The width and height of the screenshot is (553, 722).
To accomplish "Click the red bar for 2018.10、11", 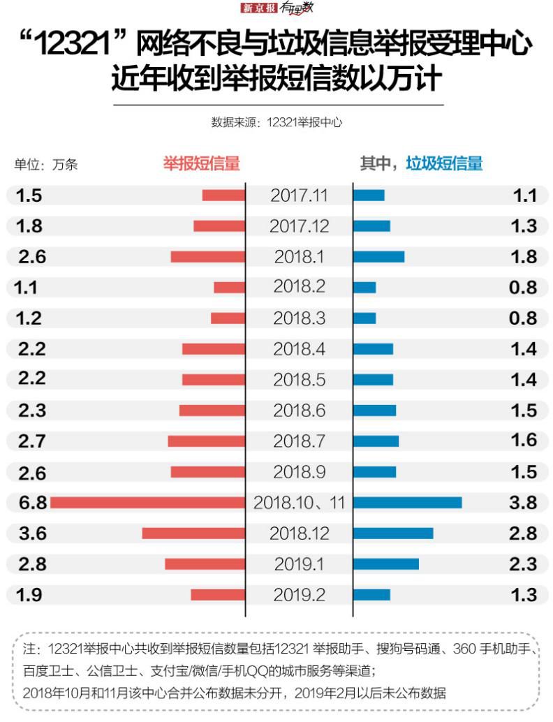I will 147,502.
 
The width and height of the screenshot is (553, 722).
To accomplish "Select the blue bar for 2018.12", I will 393,533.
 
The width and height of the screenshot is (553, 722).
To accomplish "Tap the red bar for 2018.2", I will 229,287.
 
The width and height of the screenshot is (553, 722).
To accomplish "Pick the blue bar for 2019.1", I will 386,563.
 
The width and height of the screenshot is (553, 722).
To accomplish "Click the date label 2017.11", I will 299,196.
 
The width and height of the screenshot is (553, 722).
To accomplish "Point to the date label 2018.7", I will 299,441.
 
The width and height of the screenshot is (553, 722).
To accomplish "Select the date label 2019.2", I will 299,595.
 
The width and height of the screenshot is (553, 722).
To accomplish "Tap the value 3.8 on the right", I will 523,503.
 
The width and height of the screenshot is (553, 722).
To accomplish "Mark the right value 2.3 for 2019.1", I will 523,564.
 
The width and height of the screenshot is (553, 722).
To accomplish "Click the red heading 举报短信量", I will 201,163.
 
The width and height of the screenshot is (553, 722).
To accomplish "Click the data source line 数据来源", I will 276,121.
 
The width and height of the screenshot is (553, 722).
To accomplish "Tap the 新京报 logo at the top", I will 259,8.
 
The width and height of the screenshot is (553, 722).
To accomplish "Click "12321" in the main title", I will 77,47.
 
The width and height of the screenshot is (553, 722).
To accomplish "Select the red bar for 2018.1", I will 208,256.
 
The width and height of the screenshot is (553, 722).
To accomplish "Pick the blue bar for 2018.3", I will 364,318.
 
